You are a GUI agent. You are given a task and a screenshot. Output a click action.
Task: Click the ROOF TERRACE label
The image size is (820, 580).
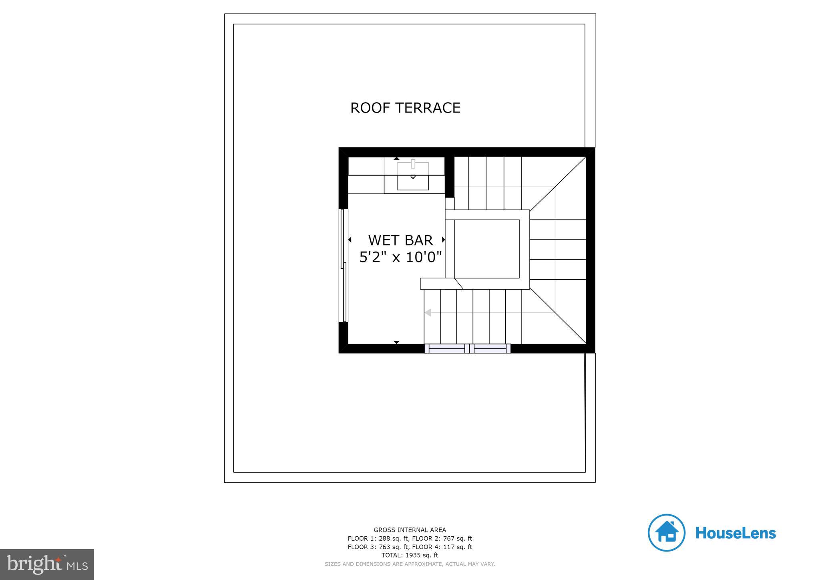(x=405, y=108)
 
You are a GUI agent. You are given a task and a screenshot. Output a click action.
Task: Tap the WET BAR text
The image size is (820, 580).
(x=400, y=240)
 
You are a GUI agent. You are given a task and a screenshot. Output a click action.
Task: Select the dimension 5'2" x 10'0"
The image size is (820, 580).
(x=400, y=257)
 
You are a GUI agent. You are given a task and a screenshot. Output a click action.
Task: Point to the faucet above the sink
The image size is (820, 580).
(x=413, y=163)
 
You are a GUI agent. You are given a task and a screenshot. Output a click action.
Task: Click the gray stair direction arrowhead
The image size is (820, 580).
(x=428, y=312)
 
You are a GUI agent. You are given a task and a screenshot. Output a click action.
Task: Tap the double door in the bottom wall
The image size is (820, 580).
(x=467, y=348)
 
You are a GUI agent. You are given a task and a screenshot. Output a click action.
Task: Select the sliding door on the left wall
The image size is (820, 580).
(x=344, y=265)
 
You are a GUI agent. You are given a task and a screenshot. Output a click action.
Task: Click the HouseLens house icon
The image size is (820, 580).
(x=666, y=533)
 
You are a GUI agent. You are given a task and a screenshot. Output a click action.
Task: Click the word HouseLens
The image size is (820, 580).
(x=736, y=533)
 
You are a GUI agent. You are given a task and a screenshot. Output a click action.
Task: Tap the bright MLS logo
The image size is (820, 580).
(x=47, y=564)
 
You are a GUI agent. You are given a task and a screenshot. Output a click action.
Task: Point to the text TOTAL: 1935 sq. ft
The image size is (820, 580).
(x=410, y=555)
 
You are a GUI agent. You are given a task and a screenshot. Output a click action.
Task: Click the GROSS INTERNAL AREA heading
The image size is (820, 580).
(x=410, y=530)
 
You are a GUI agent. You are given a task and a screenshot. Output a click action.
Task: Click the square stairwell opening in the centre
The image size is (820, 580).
(x=486, y=249)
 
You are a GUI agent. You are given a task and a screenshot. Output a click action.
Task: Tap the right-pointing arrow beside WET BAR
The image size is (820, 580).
(x=443, y=240)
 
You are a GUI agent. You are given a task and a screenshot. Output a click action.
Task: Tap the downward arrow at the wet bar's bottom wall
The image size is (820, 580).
(x=396, y=342)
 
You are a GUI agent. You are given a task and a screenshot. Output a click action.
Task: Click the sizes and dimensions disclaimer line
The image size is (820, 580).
(x=410, y=564)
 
